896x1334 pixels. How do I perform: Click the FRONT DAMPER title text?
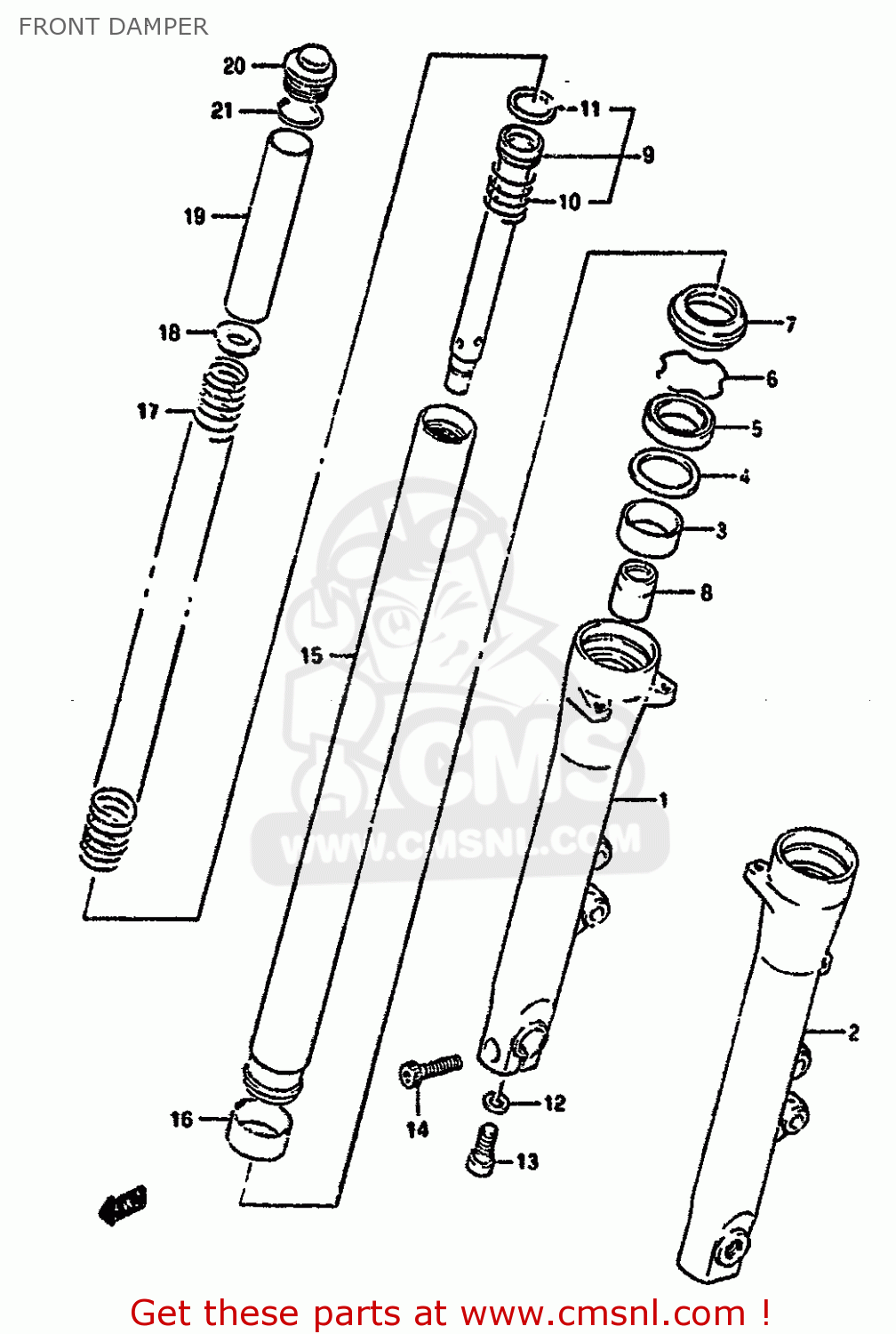point(113,27)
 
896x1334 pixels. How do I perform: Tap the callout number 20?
point(234,66)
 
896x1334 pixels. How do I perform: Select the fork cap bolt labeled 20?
point(309,69)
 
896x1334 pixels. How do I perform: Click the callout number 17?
point(148,411)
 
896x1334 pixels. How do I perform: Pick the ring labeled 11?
point(532,104)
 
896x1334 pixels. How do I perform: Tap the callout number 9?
point(648,156)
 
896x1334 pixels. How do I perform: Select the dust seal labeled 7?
point(708,316)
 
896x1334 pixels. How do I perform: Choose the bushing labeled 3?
point(651,528)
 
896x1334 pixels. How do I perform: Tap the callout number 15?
point(311,656)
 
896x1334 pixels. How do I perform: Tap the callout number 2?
point(853,1033)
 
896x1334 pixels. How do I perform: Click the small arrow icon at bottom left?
point(123,1206)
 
